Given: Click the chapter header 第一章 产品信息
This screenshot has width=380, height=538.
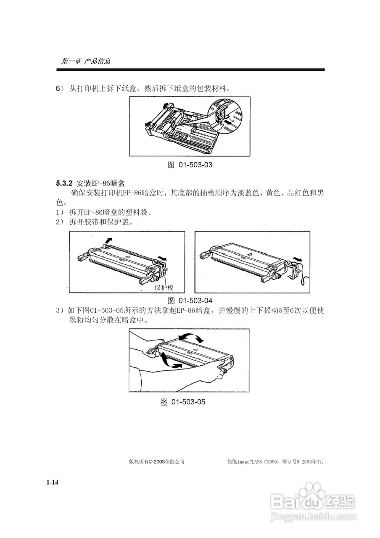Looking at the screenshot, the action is (86, 61).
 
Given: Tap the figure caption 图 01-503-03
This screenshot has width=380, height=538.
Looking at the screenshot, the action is (190, 165).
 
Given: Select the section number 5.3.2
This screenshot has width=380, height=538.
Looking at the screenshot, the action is (64, 184).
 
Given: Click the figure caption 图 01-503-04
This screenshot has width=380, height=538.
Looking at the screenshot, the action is (190, 301).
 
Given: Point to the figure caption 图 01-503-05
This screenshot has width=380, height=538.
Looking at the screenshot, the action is (183, 402).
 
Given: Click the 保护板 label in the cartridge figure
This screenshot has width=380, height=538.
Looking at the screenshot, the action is (164, 287).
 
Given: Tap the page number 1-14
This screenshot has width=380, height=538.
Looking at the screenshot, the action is (52, 483).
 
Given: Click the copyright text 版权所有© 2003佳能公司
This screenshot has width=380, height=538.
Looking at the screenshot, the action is (157, 462).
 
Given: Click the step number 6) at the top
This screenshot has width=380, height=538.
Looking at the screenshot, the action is (60, 89).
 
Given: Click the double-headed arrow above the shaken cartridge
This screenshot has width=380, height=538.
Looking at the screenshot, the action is (190, 337).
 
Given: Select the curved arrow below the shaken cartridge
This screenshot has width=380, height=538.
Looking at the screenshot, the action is (170, 361).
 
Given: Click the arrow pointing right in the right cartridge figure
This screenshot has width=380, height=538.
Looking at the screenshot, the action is (298, 259).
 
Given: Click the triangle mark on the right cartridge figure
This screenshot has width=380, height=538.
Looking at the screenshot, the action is (249, 254).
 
